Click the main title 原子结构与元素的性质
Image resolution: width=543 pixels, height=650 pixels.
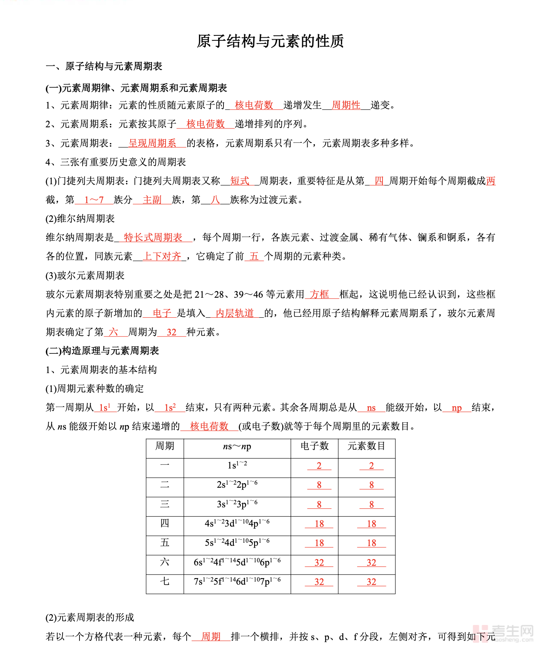click(270, 41)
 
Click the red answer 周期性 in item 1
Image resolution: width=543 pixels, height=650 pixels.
click(346, 105)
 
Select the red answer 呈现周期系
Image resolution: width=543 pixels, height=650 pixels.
click(152, 143)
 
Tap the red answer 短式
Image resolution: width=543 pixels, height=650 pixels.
click(240, 181)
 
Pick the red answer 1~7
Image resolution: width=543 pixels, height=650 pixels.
click(94, 200)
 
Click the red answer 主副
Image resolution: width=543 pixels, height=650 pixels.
click(152, 200)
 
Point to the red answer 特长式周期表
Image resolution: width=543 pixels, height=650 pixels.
click(153, 237)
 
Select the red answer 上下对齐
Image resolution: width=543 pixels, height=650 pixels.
click(162, 256)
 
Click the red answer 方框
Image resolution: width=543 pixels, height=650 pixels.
click(320, 294)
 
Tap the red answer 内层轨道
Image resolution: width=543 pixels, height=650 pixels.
click(235, 313)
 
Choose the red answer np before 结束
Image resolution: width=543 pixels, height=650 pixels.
click(457, 408)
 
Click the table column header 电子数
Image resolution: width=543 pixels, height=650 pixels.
click(315, 446)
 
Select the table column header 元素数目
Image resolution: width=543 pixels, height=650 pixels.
click(366, 446)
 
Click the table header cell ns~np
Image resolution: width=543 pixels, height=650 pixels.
click(237, 446)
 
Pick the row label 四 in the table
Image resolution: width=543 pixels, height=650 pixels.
click(165, 523)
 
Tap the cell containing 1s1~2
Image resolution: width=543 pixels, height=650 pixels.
click(237, 465)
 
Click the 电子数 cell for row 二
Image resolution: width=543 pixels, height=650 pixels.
click(319, 485)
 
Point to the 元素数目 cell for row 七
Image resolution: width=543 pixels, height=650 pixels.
click(371, 582)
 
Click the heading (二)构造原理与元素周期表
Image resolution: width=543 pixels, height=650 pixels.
click(102, 351)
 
